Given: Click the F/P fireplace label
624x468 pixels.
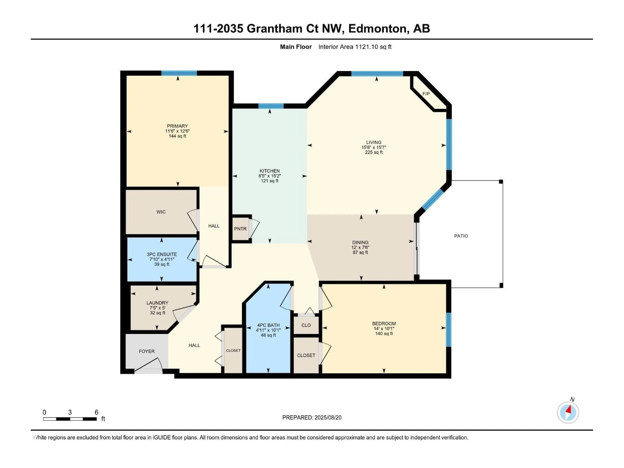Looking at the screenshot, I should click(426, 94).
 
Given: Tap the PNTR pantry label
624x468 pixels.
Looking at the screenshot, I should click(240, 229).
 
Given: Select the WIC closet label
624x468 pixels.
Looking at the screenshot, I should click(161, 212).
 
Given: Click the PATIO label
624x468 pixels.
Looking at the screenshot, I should click(461, 236).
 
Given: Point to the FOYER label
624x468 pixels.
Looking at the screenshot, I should click(147, 351).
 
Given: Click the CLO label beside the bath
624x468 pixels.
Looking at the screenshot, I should click(306, 325).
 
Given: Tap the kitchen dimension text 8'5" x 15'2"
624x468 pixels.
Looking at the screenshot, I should click(270, 176).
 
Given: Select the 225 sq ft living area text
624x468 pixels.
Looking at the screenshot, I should click(374, 152).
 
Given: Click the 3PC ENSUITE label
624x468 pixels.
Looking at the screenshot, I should click(162, 254).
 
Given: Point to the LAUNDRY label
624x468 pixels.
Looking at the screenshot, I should click(157, 303).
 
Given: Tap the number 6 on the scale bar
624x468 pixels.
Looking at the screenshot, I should click(97, 412).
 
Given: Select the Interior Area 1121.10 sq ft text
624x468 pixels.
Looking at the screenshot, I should click(355, 47).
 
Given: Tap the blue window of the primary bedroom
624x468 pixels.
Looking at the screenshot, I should click(179, 73).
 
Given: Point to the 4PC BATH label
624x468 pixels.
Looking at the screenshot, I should click(268, 325).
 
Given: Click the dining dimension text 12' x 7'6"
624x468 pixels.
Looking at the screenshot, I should click(360, 247).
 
